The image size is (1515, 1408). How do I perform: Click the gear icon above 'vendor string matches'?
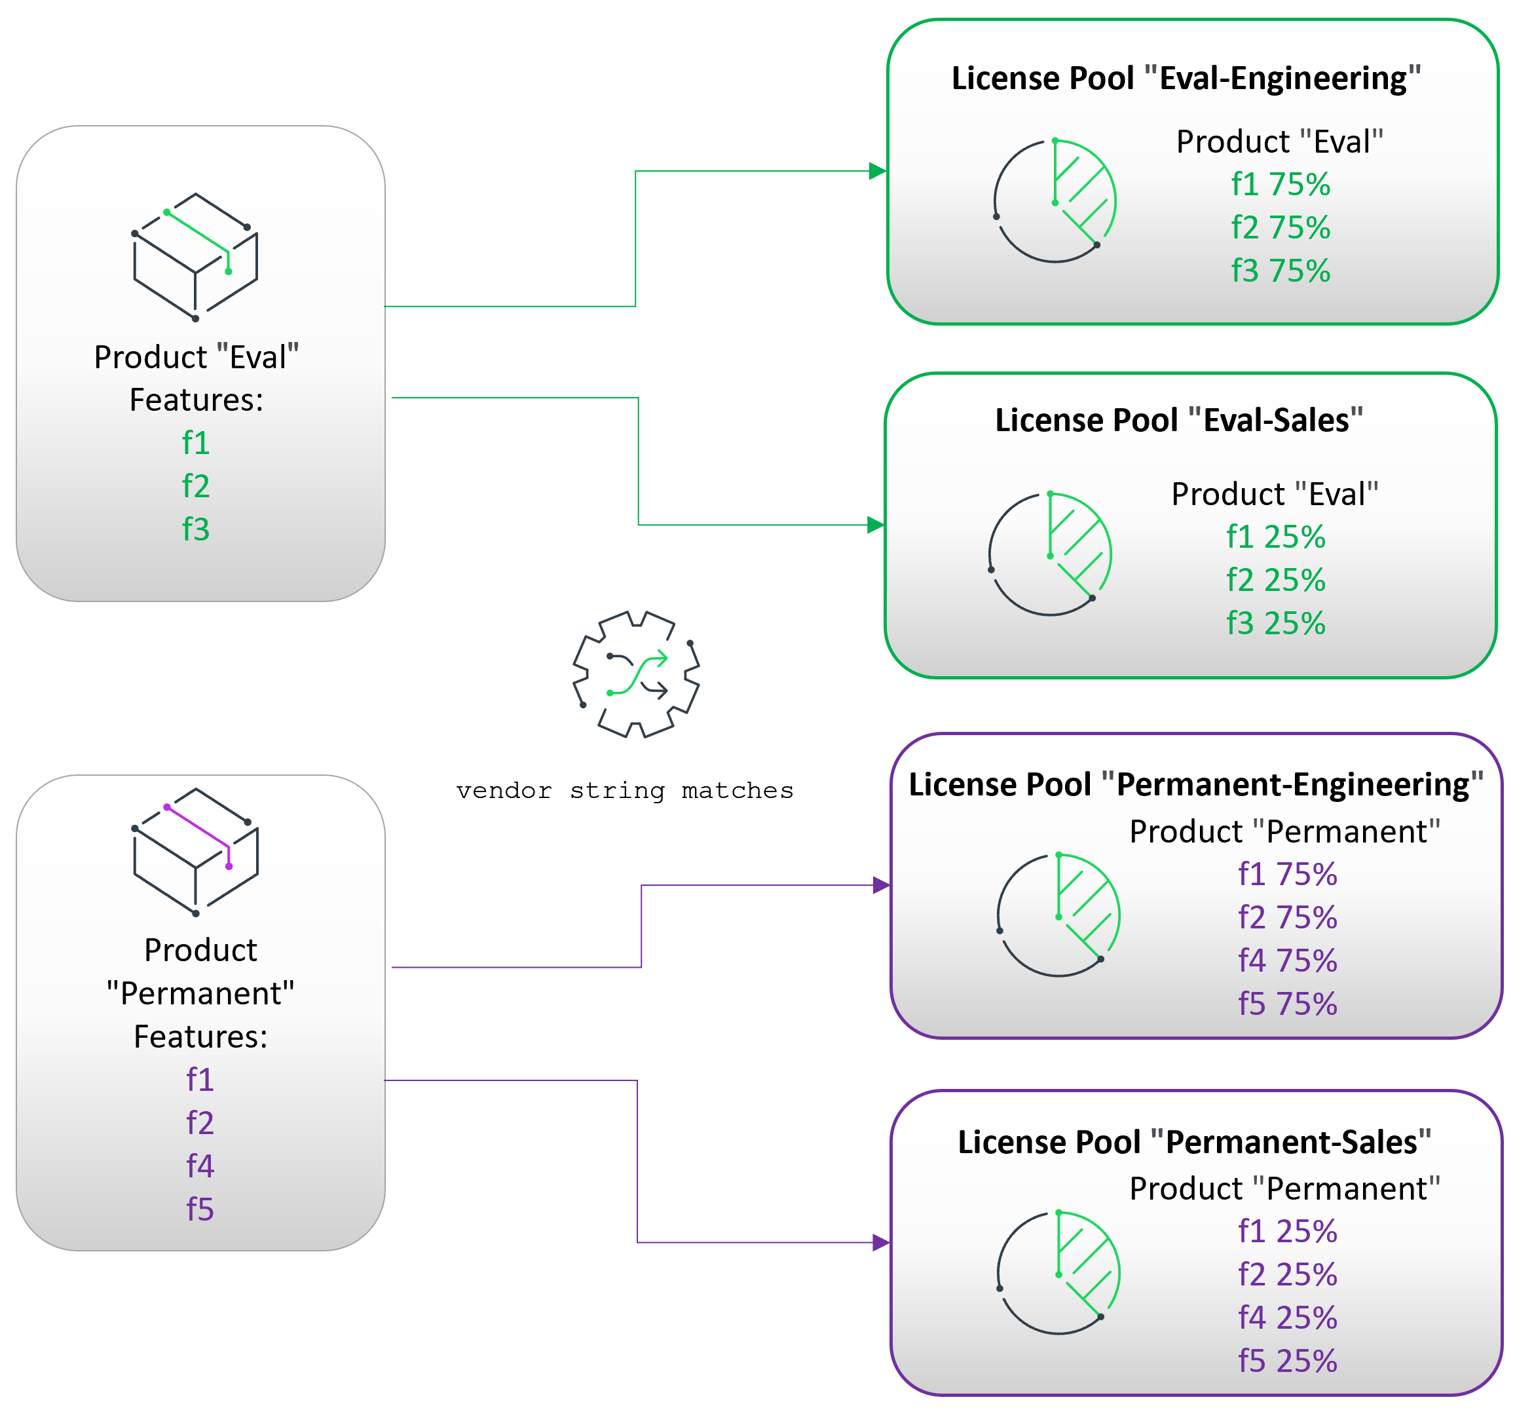click(636, 674)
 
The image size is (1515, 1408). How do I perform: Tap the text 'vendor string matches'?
click(625, 791)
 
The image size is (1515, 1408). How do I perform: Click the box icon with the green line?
click(196, 257)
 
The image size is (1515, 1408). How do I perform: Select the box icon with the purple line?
click(196, 852)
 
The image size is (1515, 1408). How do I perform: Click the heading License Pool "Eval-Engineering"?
click(1186, 79)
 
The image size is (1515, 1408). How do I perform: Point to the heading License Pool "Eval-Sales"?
click(1179, 421)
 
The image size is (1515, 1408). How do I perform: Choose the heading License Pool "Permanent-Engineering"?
click(1196, 785)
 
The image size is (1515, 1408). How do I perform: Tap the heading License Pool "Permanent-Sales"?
click(1194, 1142)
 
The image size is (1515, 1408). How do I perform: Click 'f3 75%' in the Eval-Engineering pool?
click(1281, 271)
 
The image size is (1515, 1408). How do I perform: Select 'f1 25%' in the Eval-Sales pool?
click(1276, 537)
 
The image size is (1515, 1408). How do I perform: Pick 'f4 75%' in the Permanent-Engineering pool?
click(1287, 961)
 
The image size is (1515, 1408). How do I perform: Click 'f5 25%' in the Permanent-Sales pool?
click(1287, 1361)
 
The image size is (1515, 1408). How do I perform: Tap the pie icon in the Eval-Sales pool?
click(1051, 553)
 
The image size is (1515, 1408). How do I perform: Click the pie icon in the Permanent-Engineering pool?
click(1058, 915)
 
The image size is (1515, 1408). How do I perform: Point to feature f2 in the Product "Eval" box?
click(196, 486)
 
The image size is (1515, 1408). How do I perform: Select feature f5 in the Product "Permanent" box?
click(200, 1209)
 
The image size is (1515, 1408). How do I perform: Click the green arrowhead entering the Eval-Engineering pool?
click(878, 172)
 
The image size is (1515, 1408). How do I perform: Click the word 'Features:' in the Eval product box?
click(196, 401)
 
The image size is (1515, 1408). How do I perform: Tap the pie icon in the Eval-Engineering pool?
click(1055, 201)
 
